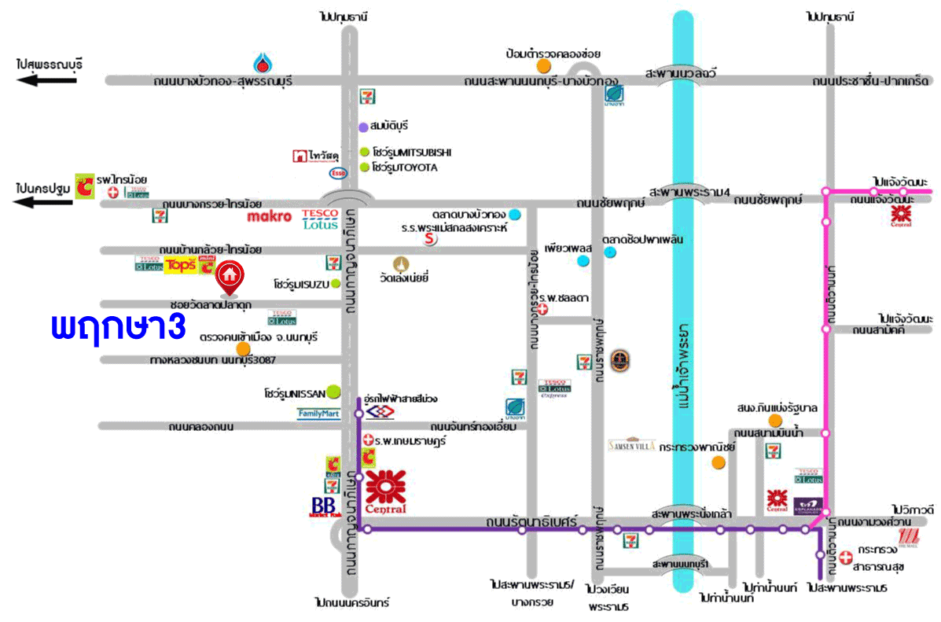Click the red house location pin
[229, 277]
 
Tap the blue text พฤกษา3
[118, 327]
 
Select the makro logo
[269, 215]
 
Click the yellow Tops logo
[180, 265]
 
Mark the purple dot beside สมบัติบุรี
[363, 127]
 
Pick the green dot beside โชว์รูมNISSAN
[333, 390]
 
